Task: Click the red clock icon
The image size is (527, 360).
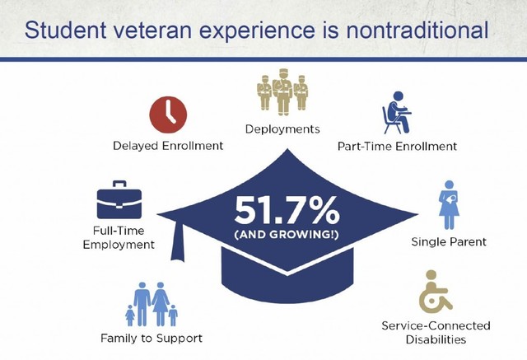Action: pyautogui.click(x=168, y=115)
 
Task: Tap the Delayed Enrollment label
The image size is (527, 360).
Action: pyautogui.click(x=168, y=146)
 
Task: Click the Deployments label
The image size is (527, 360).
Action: pyautogui.click(x=282, y=129)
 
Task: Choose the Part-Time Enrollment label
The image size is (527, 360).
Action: pyautogui.click(x=397, y=146)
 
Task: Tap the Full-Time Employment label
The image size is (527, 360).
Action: pyautogui.click(x=119, y=238)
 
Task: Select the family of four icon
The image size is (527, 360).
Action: pyautogui.click(x=151, y=304)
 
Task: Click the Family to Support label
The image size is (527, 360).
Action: pyautogui.click(x=151, y=338)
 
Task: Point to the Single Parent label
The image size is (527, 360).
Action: pyautogui.click(x=449, y=242)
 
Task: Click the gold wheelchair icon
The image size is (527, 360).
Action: pyautogui.click(x=436, y=298)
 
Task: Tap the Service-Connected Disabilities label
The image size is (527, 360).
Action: pyautogui.click(x=436, y=332)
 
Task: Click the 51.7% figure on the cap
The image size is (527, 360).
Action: pyautogui.click(x=286, y=211)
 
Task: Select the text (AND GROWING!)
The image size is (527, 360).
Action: pyautogui.click(x=286, y=236)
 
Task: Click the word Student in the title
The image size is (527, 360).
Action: pyautogui.click(x=68, y=30)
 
